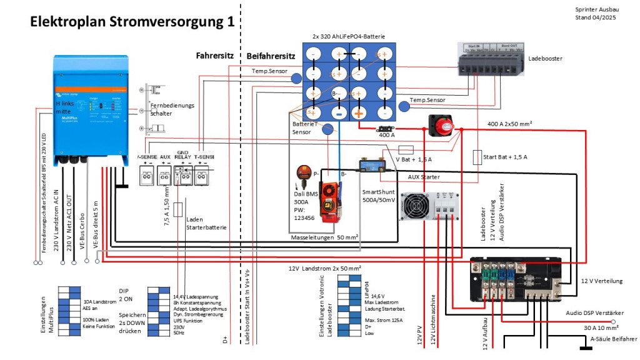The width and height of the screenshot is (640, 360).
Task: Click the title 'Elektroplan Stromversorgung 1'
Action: point(132,22)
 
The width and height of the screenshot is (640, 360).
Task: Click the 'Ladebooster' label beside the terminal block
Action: point(545,58)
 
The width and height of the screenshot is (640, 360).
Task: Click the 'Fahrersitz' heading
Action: point(214,56)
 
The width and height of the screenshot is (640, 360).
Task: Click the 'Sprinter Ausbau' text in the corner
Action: point(597,10)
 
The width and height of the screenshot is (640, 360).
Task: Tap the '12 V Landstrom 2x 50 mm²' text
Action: point(324,268)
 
